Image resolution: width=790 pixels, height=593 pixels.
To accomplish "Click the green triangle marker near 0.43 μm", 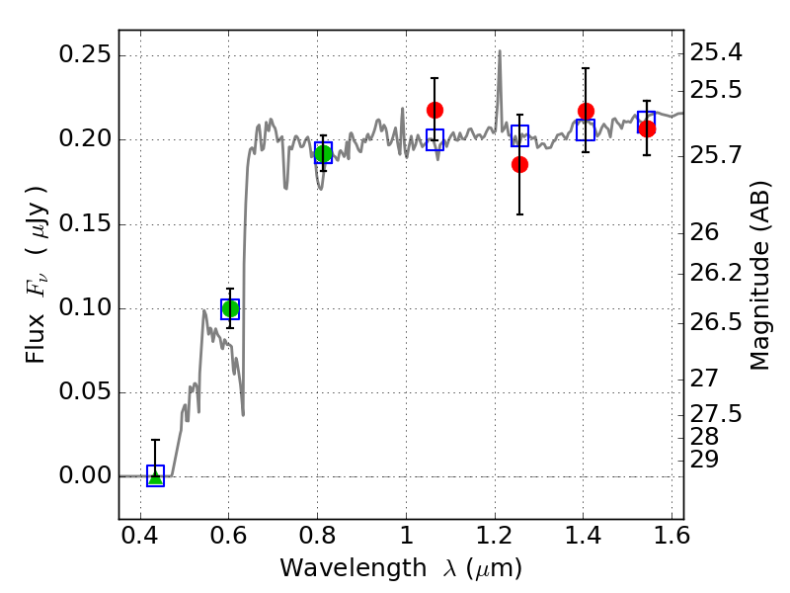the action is (x=156, y=476).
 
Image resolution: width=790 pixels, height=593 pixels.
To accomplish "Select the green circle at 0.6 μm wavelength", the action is (x=230, y=308).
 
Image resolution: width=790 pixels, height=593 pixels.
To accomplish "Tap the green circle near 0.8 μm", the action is (x=323, y=154).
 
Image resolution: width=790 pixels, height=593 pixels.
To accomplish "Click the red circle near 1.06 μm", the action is (x=434, y=110).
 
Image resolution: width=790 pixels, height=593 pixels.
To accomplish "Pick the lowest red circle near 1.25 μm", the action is (x=519, y=164).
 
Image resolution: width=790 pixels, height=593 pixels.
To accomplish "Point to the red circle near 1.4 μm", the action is (x=586, y=111).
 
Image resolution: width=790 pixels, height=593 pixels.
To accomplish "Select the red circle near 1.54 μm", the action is (x=647, y=129).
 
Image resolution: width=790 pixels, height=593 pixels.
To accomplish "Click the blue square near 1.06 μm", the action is (x=434, y=139).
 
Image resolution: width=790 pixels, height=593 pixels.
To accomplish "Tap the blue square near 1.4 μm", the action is (x=586, y=130).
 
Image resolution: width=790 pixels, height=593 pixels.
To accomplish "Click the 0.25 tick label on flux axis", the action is (x=85, y=54).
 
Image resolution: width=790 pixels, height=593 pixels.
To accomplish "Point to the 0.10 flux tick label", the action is (x=85, y=307).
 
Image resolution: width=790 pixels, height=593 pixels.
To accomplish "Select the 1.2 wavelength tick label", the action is (x=495, y=536).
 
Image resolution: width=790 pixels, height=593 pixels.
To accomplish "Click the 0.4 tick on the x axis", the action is (x=140, y=536).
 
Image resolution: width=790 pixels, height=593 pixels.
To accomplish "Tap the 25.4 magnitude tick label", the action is (x=715, y=52).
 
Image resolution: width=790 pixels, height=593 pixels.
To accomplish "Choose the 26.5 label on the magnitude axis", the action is (x=715, y=322).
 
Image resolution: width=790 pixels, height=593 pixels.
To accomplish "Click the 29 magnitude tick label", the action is (x=704, y=460).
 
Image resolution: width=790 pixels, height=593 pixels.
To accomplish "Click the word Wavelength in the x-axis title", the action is (x=354, y=568).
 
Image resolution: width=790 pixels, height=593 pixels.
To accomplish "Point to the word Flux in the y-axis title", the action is (x=36, y=338).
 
